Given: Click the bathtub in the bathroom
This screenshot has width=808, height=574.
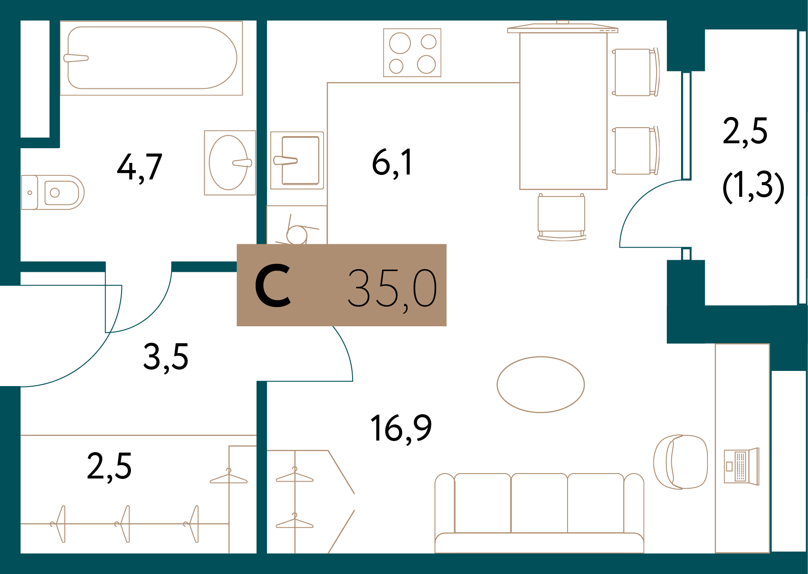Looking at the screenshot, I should (x=152, y=58).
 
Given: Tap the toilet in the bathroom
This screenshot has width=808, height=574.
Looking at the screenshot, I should (x=54, y=192).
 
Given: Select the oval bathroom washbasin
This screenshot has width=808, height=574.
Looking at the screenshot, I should (x=228, y=162).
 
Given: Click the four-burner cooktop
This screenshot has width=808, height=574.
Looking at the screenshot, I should (x=412, y=53).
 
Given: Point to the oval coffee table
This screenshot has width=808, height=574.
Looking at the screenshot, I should (x=541, y=384).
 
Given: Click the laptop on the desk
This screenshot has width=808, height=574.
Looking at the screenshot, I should (x=741, y=466).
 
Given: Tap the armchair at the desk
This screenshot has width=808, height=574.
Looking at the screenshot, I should (x=680, y=462).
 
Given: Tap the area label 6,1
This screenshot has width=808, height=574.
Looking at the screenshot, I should (x=392, y=163).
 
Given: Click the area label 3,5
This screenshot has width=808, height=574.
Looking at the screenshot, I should (x=166, y=357).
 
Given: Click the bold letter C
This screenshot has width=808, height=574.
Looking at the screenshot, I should (x=273, y=286).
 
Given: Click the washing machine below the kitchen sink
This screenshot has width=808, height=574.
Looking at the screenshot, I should (x=297, y=225).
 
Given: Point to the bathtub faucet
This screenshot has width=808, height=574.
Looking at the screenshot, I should (x=76, y=58).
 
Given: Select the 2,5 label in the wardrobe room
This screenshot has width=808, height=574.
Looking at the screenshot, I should (x=109, y=466).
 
